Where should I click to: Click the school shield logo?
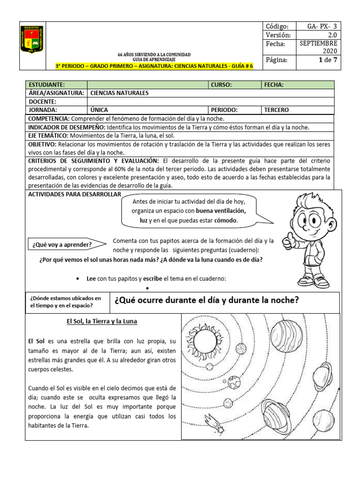(32, 45)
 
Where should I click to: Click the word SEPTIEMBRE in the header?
(318, 43)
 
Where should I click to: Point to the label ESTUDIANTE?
(47, 85)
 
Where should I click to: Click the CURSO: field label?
(221, 85)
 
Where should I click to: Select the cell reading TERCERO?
(277, 110)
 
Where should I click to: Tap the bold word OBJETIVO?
(43, 144)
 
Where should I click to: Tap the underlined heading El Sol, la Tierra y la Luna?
(102, 322)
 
